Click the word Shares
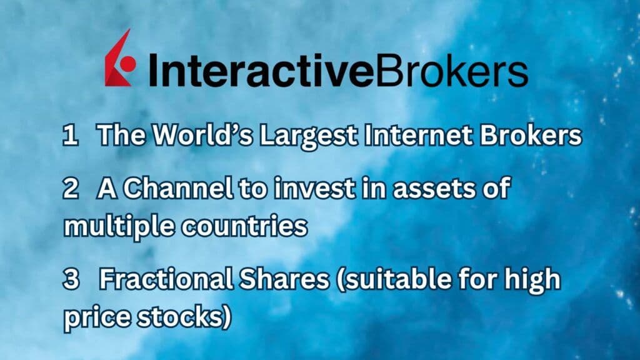276,280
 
